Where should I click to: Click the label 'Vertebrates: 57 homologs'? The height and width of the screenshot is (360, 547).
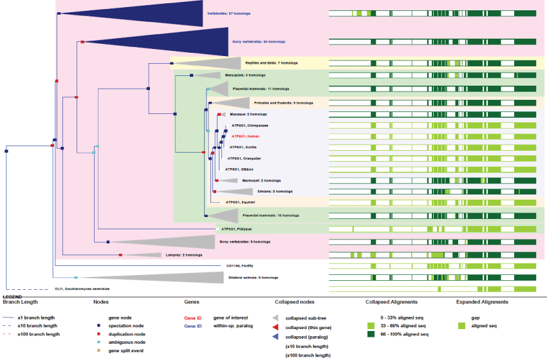(x=228, y=13)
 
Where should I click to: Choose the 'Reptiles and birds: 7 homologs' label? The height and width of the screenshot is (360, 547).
(x=271, y=63)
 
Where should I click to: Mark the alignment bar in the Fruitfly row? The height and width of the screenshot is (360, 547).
(x=432, y=265)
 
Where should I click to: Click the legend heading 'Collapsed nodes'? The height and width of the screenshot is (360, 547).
(x=295, y=301)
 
